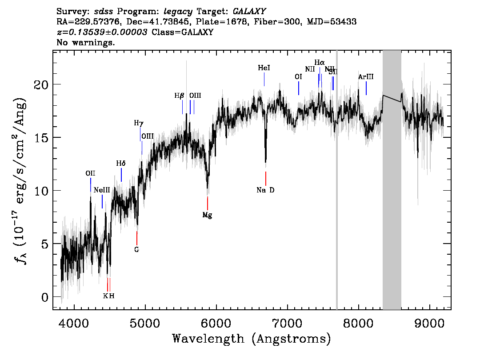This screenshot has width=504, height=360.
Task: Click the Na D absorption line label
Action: coord(265,190)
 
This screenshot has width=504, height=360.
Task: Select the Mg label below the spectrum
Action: coord(207,215)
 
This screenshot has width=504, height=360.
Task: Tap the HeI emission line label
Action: coord(264,68)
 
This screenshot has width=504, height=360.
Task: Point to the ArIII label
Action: coord(366,77)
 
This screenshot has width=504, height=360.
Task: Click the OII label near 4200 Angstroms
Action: coord(90,173)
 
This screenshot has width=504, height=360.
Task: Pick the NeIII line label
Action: coord(102,190)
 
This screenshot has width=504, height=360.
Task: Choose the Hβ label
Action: coord(179,96)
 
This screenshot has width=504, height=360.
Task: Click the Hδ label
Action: coord(121,164)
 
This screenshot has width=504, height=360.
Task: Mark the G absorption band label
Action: coord(137,249)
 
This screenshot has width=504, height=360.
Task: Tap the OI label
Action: coord(298,77)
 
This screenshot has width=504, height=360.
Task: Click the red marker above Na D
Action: coord(266,178)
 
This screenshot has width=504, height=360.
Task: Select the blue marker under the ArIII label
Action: coord(366,88)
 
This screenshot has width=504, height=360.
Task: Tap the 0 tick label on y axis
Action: coord(44,297)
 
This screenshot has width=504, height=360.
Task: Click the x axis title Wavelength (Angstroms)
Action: coord(252,339)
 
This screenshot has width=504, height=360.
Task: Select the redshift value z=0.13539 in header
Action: coord(102,32)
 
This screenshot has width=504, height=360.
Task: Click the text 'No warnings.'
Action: coord(86,43)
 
